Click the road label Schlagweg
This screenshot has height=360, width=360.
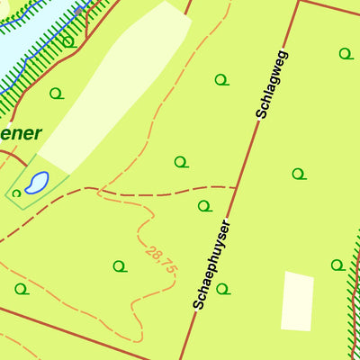[x=272, y=85]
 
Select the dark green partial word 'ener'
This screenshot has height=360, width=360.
[x=21, y=133]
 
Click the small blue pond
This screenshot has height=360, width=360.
[x=36, y=184]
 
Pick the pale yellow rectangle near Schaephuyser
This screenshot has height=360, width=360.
[x=297, y=301]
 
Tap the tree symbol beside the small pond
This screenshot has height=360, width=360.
[x=16, y=193]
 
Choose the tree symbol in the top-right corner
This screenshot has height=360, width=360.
[x=345, y=54]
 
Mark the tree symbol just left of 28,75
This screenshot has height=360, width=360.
[x=119, y=266]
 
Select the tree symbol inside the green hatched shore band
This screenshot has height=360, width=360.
[x=67, y=41]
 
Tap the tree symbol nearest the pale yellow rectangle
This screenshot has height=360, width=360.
[x=337, y=265]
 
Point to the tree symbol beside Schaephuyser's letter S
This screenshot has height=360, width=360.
[x=222, y=289]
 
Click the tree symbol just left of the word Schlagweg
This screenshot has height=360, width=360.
[x=220, y=79]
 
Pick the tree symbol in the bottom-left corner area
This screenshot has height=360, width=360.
[x=21, y=289]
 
